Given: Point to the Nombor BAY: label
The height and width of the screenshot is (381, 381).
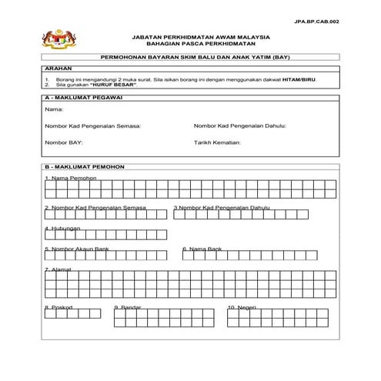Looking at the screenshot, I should click(63, 142).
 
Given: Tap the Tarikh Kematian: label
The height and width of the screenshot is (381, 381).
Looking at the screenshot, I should click(218, 142).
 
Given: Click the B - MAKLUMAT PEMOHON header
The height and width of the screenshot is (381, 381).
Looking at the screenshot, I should click(80, 166).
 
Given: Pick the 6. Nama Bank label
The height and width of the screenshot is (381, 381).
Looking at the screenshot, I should click(202, 249).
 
